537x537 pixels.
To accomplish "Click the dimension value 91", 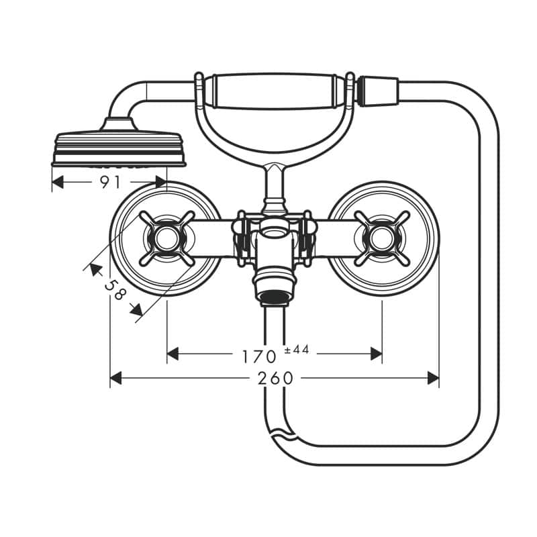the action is (x=110, y=182).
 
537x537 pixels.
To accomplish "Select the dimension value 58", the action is (x=115, y=289).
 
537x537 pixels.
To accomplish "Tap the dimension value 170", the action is (x=259, y=356).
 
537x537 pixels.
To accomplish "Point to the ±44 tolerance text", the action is (x=297, y=349).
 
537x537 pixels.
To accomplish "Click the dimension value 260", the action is (x=276, y=379).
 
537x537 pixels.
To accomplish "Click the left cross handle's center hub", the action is (x=166, y=238).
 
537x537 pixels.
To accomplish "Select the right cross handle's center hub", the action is (x=382, y=238).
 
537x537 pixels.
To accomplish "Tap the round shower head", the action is (x=119, y=148).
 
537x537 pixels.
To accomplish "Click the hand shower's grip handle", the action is (x=273, y=92).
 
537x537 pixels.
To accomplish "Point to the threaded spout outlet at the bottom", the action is (x=275, y=298).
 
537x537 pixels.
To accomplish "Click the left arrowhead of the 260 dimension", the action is (x=115, y=379).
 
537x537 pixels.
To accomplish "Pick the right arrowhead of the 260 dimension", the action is (x=433, y=379).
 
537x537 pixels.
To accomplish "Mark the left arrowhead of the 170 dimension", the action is (x=173, y=354).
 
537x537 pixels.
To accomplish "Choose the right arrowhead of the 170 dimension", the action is (x=376, y=354).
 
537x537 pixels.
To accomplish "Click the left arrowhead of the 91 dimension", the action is (x=58, y=182).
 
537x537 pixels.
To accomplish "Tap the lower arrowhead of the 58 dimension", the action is (x=137, y=309).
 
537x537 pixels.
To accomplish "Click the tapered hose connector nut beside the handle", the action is (x=377, y=91).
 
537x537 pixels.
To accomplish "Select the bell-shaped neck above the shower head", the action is (x=117, y=124).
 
